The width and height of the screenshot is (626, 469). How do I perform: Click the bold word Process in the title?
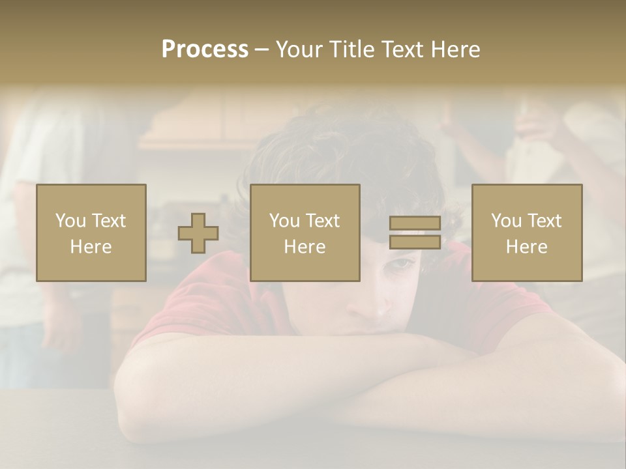tap(205, 50)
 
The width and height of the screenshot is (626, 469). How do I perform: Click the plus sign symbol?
tap(198, 233)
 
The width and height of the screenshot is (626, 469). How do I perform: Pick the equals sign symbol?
tap(415, 233)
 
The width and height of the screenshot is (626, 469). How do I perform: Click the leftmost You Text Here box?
tap(91, 233)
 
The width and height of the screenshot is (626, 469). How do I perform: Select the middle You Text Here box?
tap(305, 233)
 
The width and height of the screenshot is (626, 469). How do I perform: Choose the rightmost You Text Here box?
tap(527, 233)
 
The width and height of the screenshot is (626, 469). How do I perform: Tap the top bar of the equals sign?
tap(415, 223)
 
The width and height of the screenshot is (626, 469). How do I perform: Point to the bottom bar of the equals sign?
tap(415, 242)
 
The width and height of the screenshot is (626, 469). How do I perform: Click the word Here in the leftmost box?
tap(91, 247)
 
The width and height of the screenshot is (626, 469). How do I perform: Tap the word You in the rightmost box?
tap(506, 221)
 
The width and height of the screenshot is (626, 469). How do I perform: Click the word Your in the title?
tap(299, 50)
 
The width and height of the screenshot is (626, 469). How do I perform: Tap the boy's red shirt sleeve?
tap(189, 293)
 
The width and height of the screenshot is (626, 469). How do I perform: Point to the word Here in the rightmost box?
tap(527, 247)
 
